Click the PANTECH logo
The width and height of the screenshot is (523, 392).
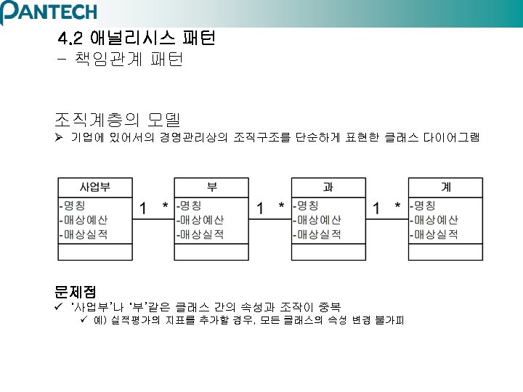pos(49,12)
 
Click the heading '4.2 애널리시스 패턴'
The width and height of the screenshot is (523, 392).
pos(136,38)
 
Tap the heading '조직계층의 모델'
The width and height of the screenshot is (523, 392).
pos(117,118)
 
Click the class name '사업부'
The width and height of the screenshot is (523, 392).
pos(95,187)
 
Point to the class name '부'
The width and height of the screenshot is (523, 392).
pos(211,187)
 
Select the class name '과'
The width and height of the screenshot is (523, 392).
pos(328,187)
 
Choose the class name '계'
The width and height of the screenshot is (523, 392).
pos(445,187)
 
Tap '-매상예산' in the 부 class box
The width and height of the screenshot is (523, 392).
pos(200,220)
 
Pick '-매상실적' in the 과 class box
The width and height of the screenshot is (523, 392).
pos(317,234)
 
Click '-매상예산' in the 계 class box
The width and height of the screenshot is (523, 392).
pos(434,220)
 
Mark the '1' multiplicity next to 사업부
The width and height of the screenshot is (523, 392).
pos(143,208)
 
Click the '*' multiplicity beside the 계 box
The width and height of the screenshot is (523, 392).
pos(397,208)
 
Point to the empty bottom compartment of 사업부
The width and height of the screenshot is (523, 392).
pos(95,251)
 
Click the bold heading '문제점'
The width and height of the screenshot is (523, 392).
pos(76,291)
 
